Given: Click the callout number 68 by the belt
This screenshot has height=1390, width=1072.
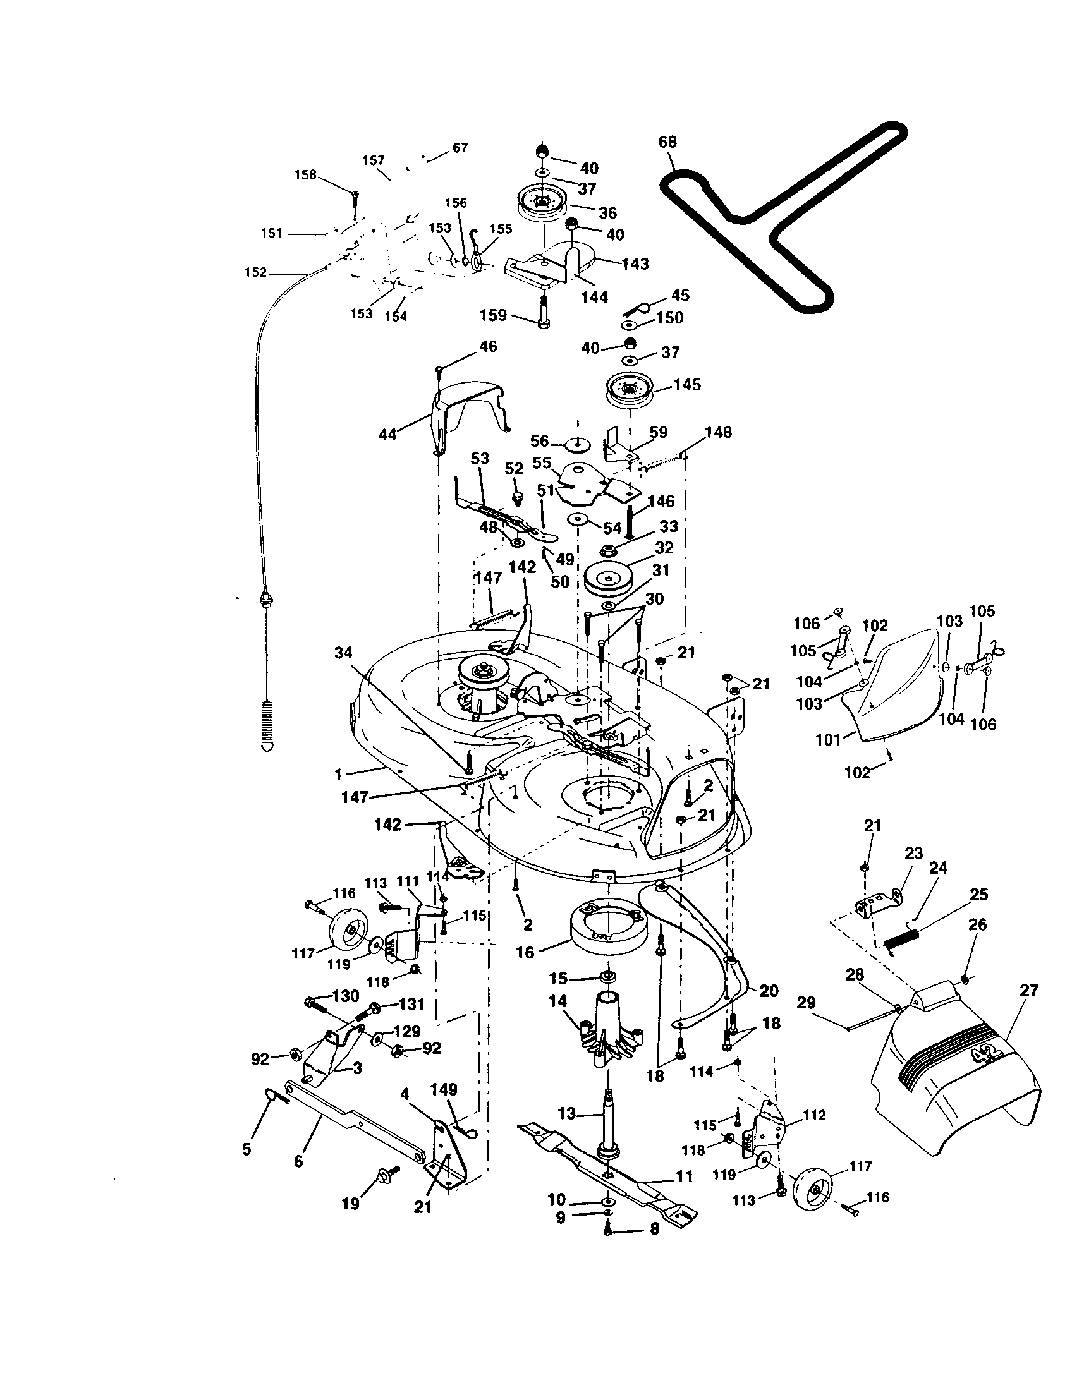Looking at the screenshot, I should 667,142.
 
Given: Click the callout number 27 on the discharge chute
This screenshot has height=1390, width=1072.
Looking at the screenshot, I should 1029,991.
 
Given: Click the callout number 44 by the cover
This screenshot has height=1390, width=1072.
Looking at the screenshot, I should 387,435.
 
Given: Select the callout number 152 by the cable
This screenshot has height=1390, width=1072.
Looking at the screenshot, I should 255,272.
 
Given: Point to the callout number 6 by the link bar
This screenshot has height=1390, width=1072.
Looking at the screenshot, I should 298,1161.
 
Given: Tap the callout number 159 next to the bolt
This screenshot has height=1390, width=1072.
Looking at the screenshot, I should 494,316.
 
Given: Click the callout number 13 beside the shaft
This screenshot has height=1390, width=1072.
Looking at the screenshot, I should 566,1114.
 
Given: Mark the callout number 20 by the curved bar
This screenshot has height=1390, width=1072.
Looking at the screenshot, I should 769,991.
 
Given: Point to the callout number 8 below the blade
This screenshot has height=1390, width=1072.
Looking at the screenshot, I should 655,1230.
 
